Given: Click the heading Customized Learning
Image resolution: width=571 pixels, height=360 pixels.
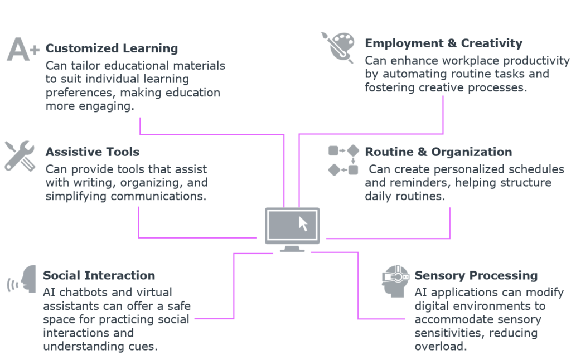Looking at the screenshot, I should tap(112, 48).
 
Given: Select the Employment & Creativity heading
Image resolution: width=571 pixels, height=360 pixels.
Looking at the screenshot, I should tap(443, 43).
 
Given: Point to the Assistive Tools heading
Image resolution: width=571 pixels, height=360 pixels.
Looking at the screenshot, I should tap(93, 152).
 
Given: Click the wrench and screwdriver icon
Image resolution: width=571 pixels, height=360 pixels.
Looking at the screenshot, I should tap(20, 155).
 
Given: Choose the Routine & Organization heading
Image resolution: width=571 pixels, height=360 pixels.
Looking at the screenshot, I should tap(438, 152).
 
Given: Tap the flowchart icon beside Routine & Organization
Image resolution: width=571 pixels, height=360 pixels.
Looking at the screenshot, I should tap(343, 160).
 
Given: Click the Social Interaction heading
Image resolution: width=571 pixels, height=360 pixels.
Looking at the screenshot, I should tap(99, 275).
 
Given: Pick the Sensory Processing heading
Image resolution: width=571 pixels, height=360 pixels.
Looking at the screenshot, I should tap(476, 275).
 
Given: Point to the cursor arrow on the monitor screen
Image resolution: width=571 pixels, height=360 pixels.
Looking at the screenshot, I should tap(303, 223).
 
